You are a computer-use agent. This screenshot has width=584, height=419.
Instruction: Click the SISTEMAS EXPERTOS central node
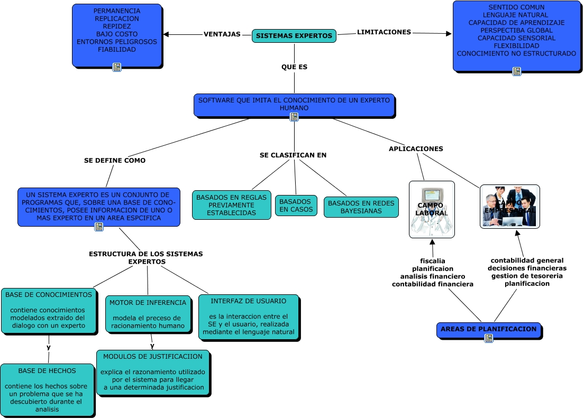click(294, 36)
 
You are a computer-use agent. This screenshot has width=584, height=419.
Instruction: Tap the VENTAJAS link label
click(222, 34)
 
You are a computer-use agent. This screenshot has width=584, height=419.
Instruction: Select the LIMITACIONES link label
click(384, 32)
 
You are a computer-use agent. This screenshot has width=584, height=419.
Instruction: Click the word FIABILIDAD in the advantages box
click(117, 50)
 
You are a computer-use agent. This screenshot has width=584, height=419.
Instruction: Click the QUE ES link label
click(294, 67)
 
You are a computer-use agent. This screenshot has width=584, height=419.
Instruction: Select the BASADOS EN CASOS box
click(296, 206)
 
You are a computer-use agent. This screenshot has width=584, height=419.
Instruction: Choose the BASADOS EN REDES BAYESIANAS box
click(361, 207)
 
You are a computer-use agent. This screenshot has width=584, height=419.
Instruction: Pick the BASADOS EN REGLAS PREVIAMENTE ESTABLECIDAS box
click(231, 205)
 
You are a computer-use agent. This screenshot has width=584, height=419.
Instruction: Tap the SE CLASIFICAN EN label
click(293, 155)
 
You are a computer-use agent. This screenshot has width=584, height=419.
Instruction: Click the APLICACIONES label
click(416, 149)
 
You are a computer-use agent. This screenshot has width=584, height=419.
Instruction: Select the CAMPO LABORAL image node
click(432, 209)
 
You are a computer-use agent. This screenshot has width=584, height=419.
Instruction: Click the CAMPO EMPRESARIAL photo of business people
click(509, 206)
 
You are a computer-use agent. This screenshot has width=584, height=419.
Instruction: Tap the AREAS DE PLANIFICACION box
click(488, 329)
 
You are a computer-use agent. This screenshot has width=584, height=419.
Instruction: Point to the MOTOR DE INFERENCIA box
click(148, 314)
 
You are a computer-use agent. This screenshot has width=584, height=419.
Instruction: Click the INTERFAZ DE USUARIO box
click(248, 317)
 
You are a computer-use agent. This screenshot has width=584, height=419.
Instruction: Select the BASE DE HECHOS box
click(47, 389)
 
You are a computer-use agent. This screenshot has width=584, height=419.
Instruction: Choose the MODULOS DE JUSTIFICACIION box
click(153, 372)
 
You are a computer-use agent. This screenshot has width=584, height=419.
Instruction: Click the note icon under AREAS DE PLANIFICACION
click(488, 338)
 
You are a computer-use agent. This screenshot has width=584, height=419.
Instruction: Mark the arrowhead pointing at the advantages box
click(166, 35)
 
